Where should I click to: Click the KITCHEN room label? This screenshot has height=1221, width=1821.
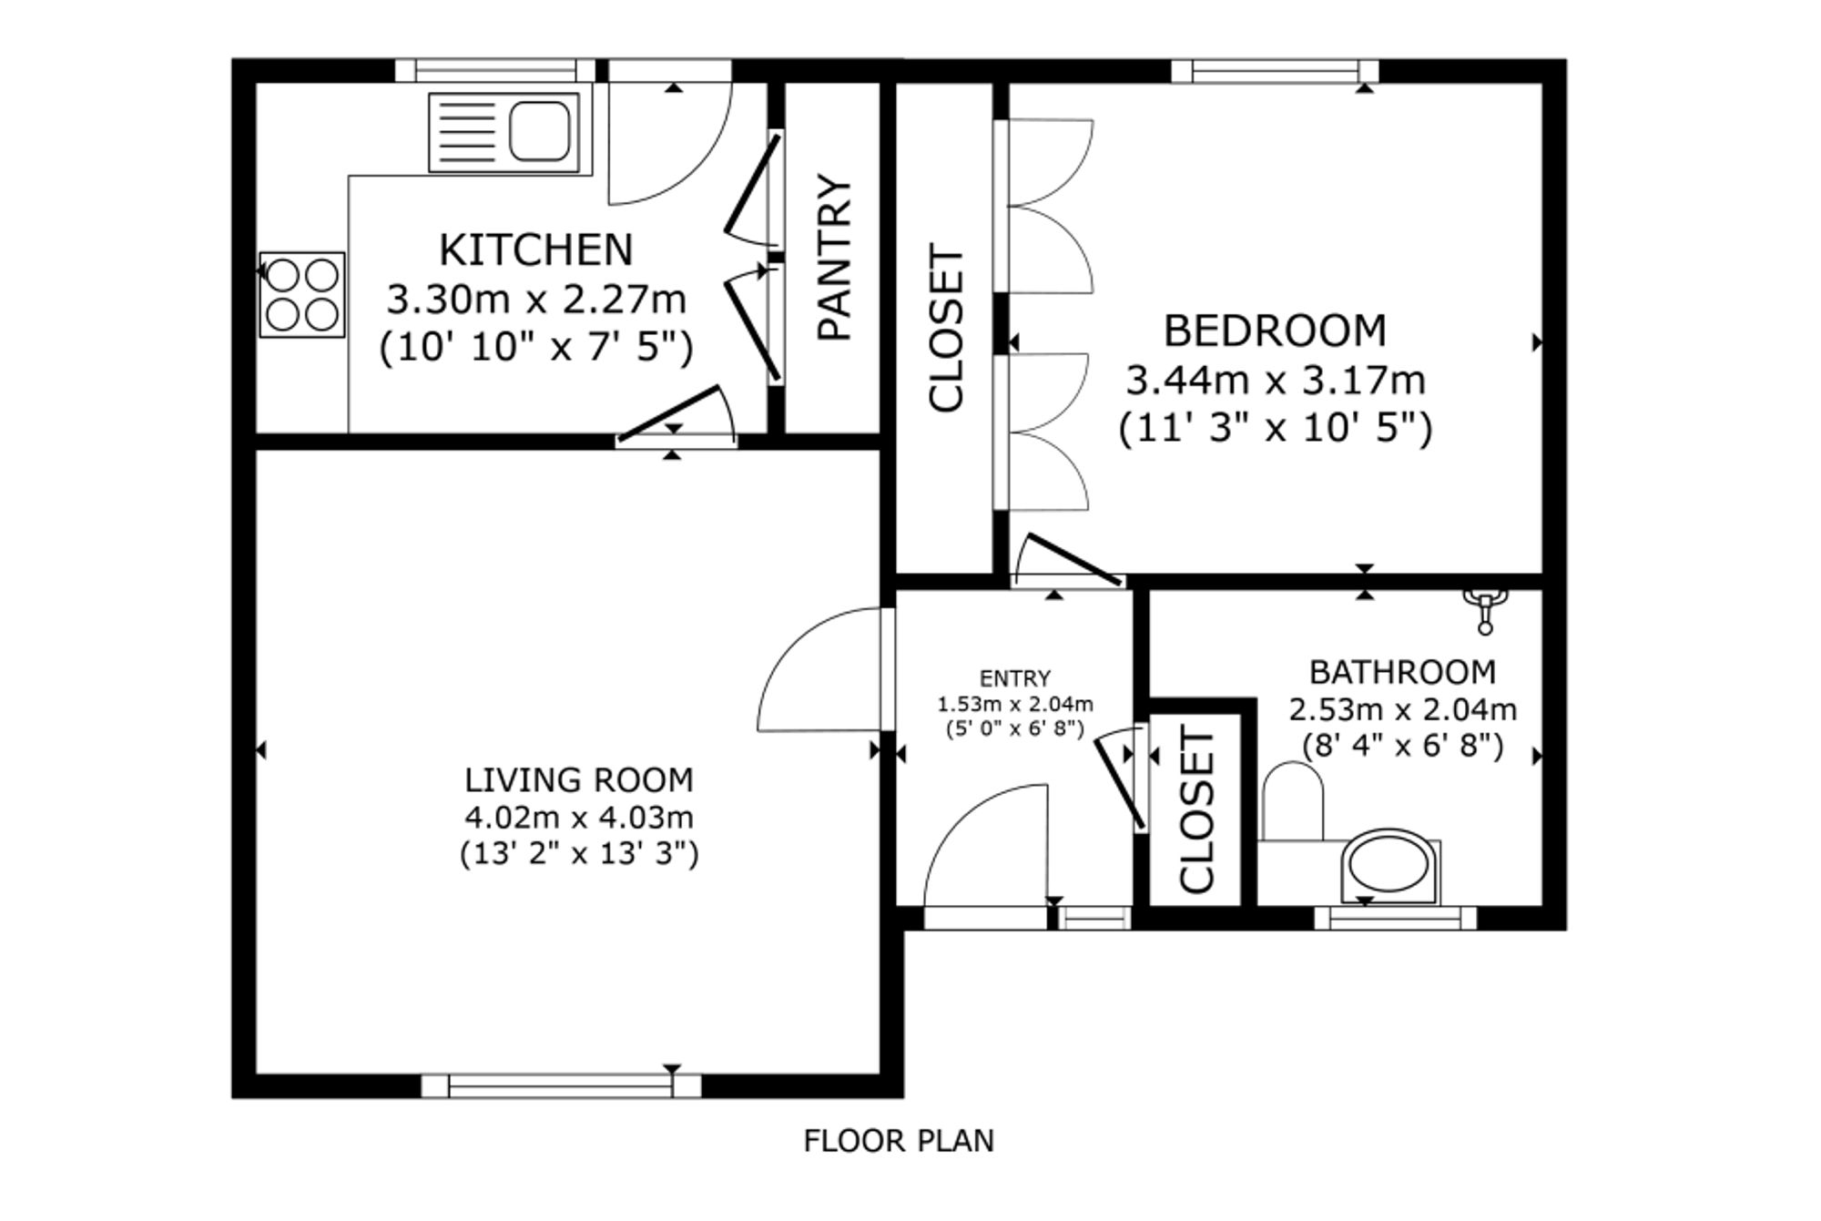point(535,249)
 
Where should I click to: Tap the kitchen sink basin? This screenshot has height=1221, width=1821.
point(540,131)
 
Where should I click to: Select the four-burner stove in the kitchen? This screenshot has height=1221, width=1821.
point(302,294)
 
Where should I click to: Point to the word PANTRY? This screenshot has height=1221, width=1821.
point(834,257)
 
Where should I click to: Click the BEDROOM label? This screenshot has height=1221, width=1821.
point(1275,331)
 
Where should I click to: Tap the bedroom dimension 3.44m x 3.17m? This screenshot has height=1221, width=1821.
point(1276,380)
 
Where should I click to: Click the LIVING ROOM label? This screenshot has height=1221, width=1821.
point(579,780)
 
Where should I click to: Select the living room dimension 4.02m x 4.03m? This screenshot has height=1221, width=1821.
point(579,818)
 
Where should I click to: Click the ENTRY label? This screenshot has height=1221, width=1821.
point(1015,678)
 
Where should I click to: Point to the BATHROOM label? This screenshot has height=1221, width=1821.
point(1402,672)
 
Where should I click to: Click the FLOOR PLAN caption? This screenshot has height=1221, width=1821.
point(899,1141)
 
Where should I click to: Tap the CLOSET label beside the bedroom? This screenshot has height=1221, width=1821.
point(945,328)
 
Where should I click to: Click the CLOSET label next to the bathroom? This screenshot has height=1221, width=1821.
point(1197,809)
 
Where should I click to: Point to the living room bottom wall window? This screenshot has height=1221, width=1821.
point(562,1086)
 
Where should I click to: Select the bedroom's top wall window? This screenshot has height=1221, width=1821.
point(1275,71)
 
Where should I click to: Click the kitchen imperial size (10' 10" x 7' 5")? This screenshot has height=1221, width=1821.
point(536,347)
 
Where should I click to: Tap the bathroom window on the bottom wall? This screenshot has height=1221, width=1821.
point(1396,918)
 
